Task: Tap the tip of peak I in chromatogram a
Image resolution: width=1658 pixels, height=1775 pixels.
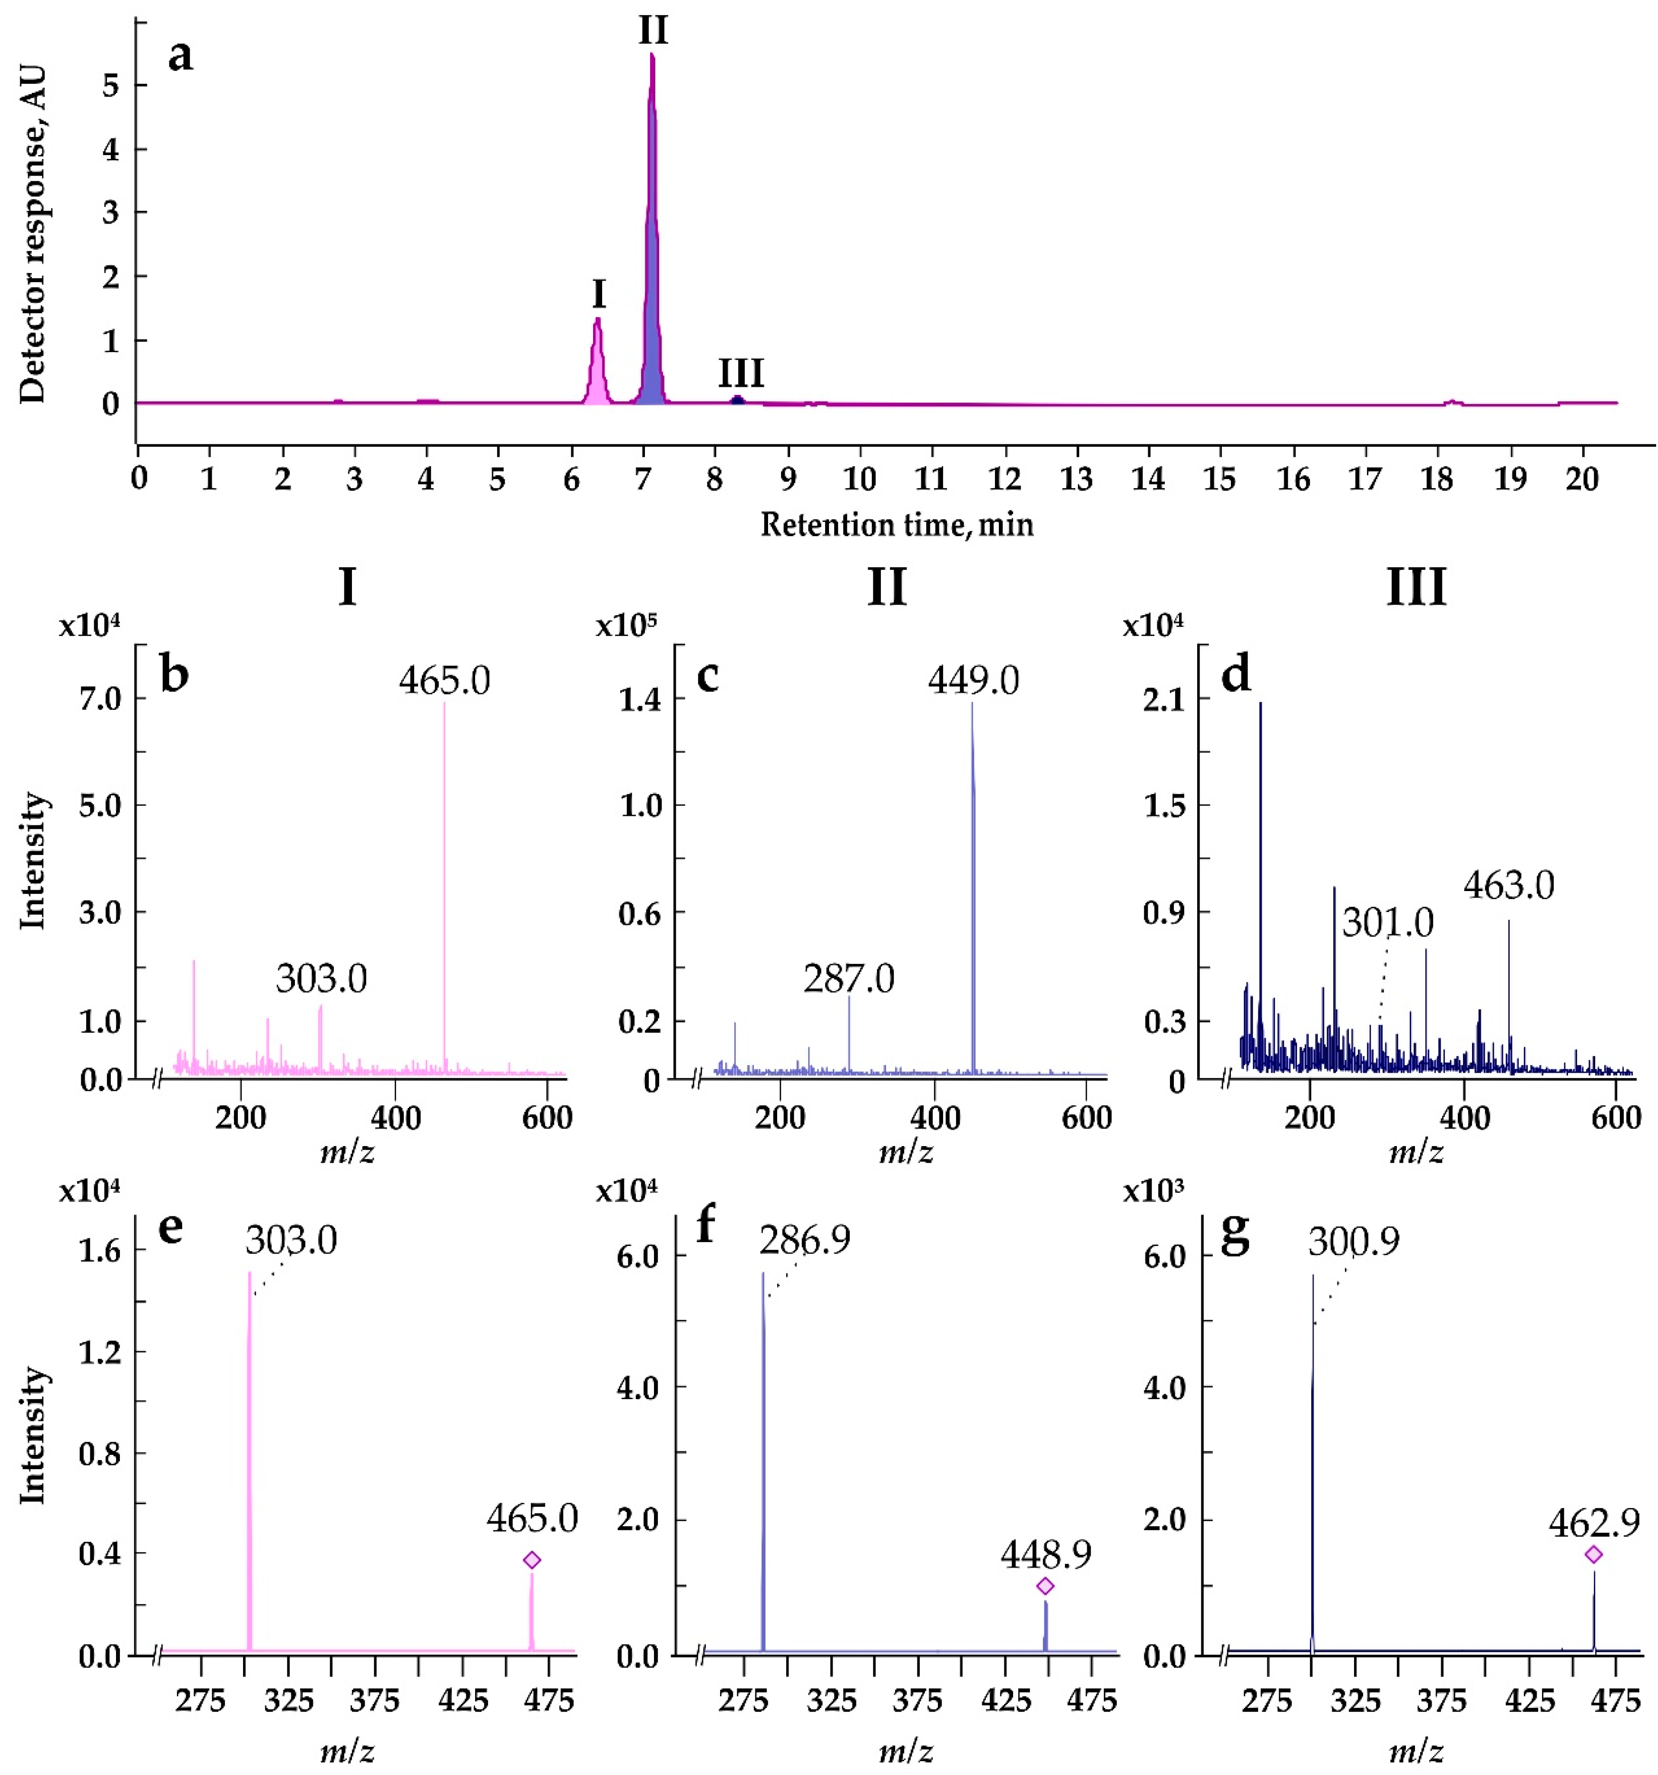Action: tap(597, 319)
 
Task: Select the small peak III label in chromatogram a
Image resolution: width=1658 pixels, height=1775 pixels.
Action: tap(741, 373)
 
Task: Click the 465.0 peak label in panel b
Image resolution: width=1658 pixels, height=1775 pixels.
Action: tap(445, 680)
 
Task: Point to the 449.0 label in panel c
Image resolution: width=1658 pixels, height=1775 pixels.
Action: tap(973, 680)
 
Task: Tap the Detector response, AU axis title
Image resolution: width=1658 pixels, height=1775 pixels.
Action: tap(32, 235)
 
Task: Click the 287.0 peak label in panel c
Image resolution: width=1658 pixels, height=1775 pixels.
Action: tap(848, 979)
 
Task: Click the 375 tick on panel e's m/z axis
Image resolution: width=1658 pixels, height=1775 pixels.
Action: tap(375, 1701)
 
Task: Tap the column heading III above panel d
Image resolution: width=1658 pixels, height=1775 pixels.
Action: tap(1416, 588)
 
